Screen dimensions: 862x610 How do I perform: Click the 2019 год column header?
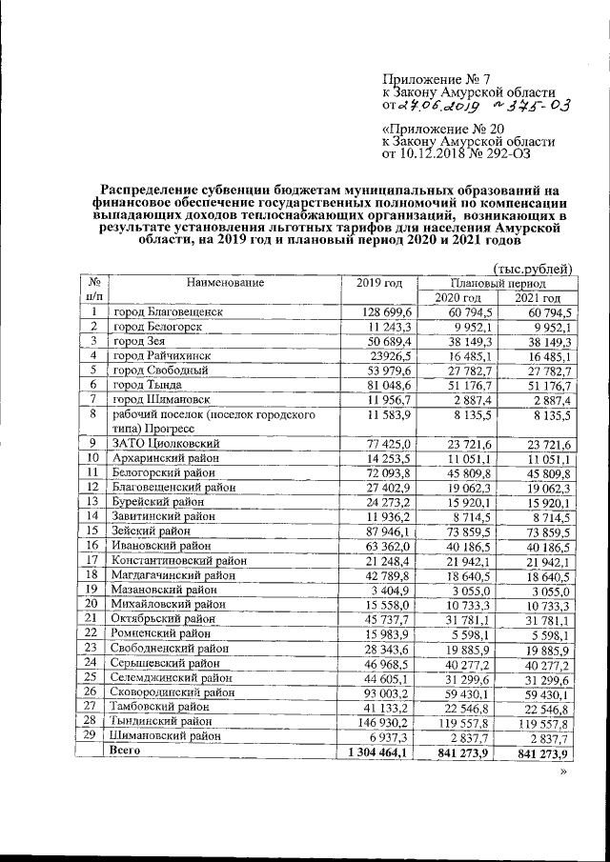click(x=379, y=283)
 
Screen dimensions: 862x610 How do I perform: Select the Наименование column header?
click(x=225, y=283)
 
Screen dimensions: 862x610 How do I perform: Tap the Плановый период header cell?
click(x=499, y=284)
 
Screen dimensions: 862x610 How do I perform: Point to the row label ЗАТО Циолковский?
click(x=167, y=443)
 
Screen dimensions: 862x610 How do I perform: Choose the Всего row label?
click(x=127, y=752)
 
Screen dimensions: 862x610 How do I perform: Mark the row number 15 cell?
click(x=92, y=530)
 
